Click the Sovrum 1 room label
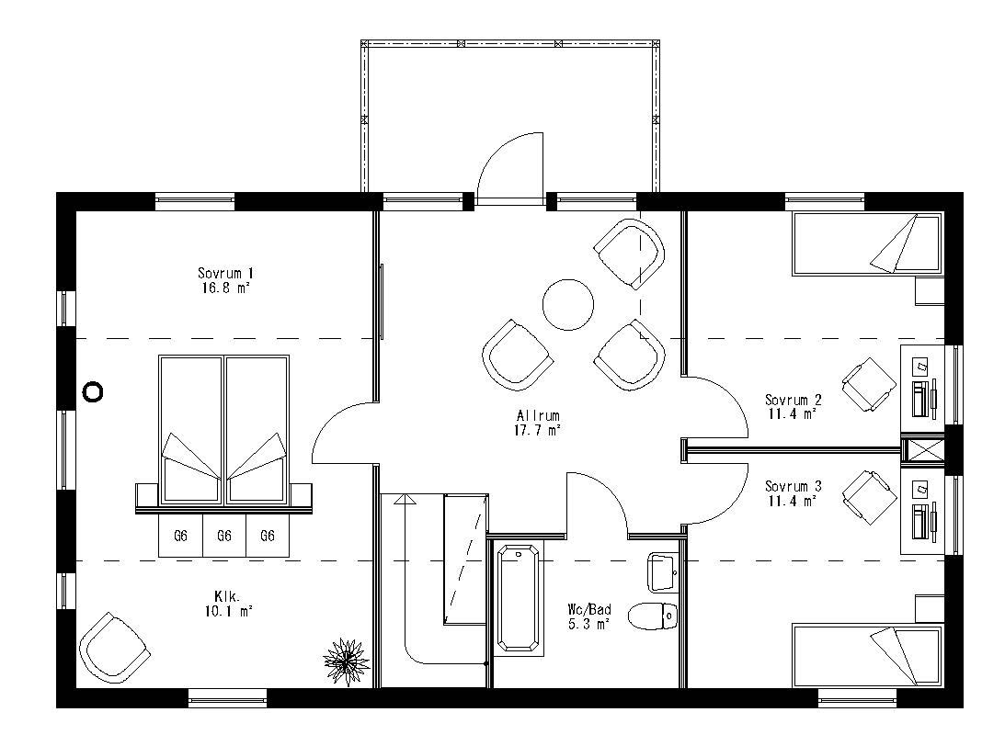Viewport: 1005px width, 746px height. tap(225, 279)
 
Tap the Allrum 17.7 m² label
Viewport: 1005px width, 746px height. tap(538, 422)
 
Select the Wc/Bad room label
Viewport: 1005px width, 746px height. tap(589, 616)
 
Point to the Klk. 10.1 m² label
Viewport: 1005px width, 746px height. tap(225, 603)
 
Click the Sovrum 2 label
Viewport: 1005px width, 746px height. tap(793, 406)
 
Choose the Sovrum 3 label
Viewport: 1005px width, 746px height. tap(793, 492)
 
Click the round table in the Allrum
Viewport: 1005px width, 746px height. tap(567, 305)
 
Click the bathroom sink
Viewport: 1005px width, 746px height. tap(662, 571)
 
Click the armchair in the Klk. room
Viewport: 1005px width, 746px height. tap(114, 645)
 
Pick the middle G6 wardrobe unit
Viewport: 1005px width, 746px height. tap(223, 536)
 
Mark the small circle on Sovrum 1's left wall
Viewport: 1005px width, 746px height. tap(93, 392)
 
